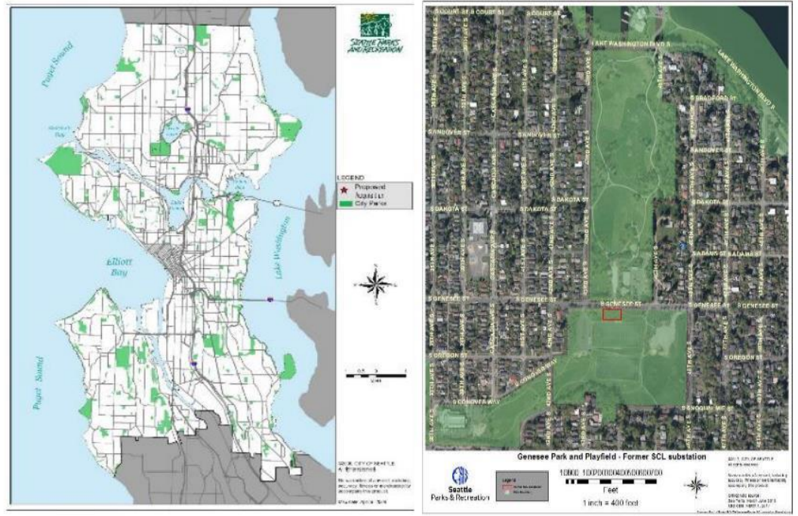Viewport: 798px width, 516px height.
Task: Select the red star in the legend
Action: coord(341,187)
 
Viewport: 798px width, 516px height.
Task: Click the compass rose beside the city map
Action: coord(374,285)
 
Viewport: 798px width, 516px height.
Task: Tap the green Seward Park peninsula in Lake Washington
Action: coord(287,366)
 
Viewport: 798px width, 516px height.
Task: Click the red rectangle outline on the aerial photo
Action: coord(611,315)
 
